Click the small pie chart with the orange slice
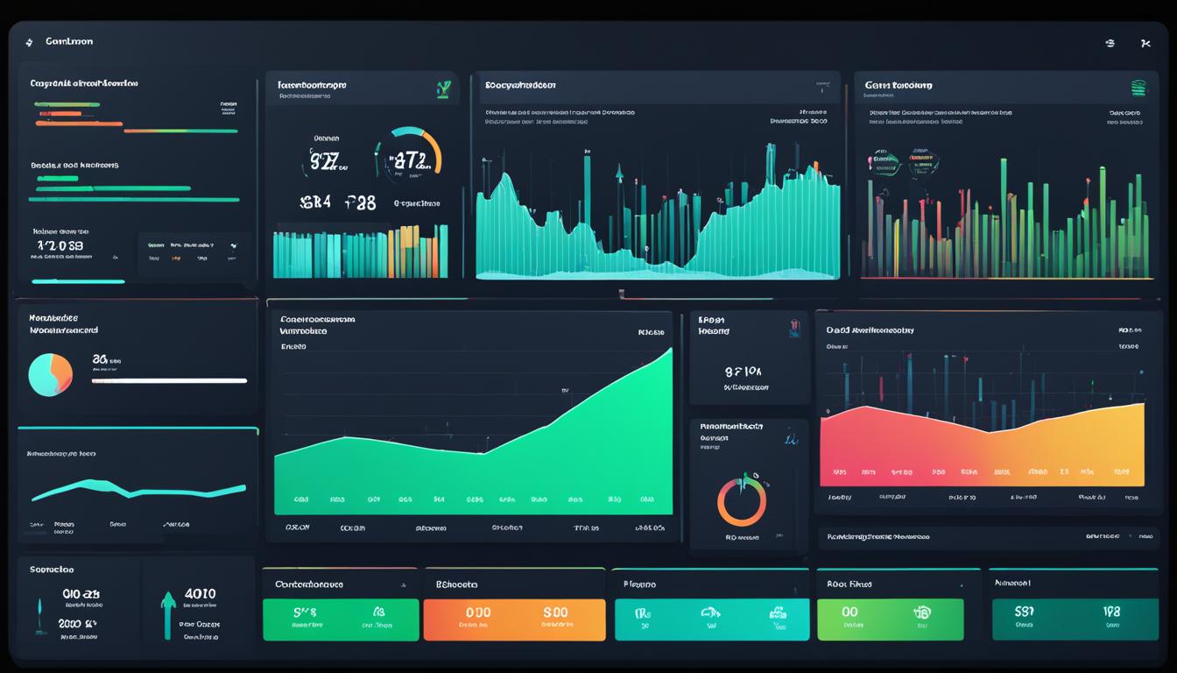[x=50, y=374]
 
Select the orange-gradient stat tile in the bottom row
[x=514, y=620]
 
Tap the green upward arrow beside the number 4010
[x=168, y=611]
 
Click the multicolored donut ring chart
[x=742, y=502]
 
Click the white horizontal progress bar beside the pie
[x=170, y=381]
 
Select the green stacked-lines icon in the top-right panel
[x=1138, y=88]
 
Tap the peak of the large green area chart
[x=670, y=350]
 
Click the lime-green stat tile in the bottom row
[x=890, y=620]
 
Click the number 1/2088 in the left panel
[x=60, y=245]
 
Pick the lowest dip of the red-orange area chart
[x=989, y=431]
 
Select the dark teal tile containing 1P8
[x=1075, y=620]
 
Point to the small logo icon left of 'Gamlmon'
[x=29, y=42]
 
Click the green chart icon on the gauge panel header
[x=443, y=88]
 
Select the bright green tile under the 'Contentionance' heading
[x=341, y=620]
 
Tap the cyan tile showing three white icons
[x=710, y=620]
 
